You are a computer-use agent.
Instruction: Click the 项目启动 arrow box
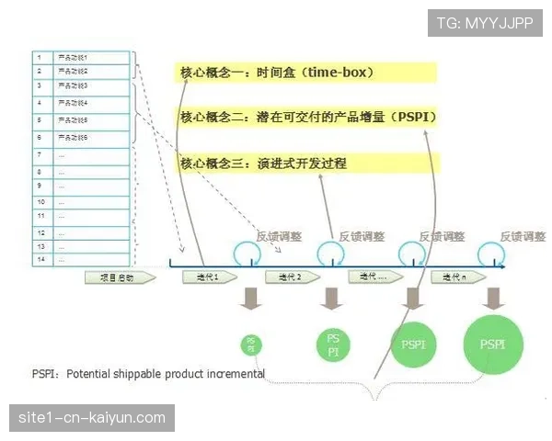pyautogui.click(x=115, y=277)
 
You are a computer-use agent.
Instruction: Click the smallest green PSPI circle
pyautogui.click(x=250, y=345)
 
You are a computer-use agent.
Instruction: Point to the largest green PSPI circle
pyautogui.click(x=493, y=345)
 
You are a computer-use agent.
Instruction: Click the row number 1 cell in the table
pyautogui.click(x=40, y=57)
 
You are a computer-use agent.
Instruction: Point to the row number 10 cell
pyautogui.click(x=40, y=199)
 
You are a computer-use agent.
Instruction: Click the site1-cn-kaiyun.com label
pyautogui.click(x=91, y=418)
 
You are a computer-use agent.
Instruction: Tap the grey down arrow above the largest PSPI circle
pyautogui.click(x=494, y=298)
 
